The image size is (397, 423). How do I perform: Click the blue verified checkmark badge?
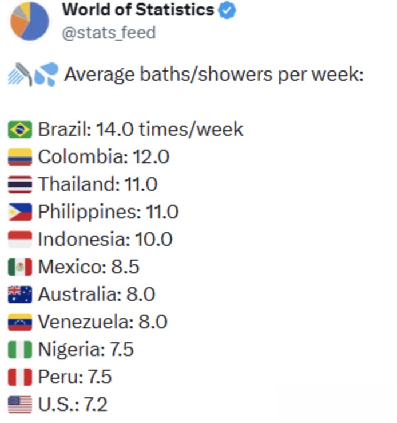pyautogui.click(x=227, y=11)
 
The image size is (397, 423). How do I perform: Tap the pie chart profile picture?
pyautogui.click(x=30, y=21)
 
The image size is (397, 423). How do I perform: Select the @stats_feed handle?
pyautogui.click(x=109, y=33)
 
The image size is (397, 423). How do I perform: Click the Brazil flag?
pyautogui.click(x=20, y=130)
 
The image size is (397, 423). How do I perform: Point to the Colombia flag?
pyautogui.click(x=20, y=157)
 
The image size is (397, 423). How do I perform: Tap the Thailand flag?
pyautogui.click(x=20, y=185)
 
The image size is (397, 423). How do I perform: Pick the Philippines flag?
pyautogui.click(x=20, y=212)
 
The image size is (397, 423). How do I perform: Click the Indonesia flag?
pyautogui.click(x=20, y=239)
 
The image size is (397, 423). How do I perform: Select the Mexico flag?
pyautogui.click(x=20, y=267)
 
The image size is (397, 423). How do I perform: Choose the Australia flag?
pyautogui.click(x=20, y=294)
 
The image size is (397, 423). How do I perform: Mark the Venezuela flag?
pyautogui.click(x=20, y=322)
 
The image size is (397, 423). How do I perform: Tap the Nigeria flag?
pyautogui.click(x=20, y=349)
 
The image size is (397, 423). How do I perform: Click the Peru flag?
pyautogui.click(x=20, y=377)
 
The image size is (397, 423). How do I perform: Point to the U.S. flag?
pyautogui.click(x=20, y=405)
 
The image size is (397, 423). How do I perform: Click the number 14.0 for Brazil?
pyautogui.click(x=114, y=130)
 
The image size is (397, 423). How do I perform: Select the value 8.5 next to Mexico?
pyautogui.click(x=125, y=267)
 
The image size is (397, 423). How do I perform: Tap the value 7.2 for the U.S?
pyautogui.click(x=96, y=405)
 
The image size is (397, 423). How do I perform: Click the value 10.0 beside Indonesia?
pyautogui.click(x=153, y=239)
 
